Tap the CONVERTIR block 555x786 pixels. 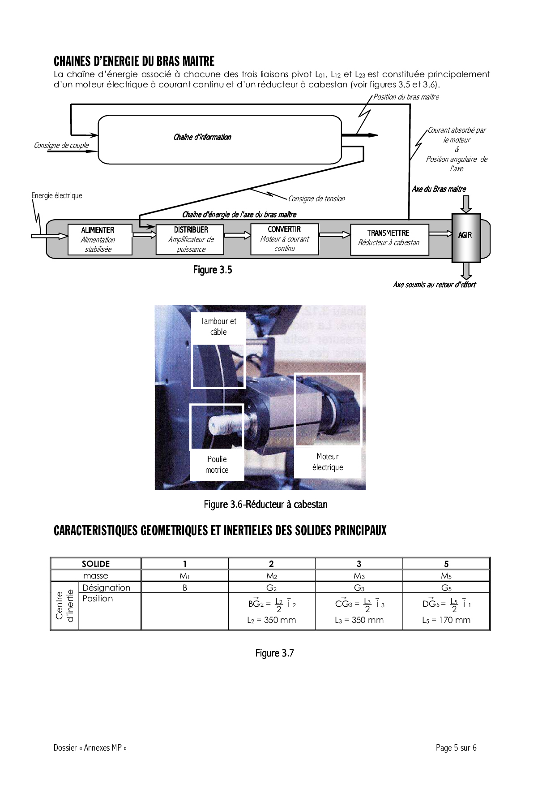tap(284, 239)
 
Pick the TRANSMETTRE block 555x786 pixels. tap(389, 239)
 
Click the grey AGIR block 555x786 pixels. tap(466, 238)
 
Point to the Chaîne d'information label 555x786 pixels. tap(202, 137)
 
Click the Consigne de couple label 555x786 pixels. tap(61, 145)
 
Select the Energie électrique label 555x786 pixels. tap(57, 195)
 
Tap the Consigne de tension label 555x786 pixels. tap(316, 199)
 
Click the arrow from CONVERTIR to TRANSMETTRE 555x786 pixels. tap(334, 234)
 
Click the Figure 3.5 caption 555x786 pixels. tap(213, 270)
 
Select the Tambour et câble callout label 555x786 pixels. tap(218, 327)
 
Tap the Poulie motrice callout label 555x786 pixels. tap(217, 465)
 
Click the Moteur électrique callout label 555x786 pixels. tap(328, 462)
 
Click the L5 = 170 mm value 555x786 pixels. tap(446, 620)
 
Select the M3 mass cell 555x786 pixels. tap(359, 576)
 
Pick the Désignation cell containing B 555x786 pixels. tap(185, 587)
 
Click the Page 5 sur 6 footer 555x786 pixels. tap(456, 747)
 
